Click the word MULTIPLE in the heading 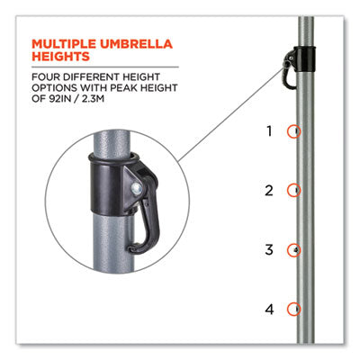click(64, 44)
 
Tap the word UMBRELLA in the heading click(137, 44)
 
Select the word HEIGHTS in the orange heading click(61, 57)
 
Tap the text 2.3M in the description click(93, 99)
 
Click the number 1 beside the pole click(269, 131)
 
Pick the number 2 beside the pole click(269, 191)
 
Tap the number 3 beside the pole click(269, 249)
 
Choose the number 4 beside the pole click(269, 309)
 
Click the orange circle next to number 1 click(288, 131)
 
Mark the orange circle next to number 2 click(288, 191)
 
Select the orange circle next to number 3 click(288, 249)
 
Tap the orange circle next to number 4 click(288, 309)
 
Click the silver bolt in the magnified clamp click(137, 189)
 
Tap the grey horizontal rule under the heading click(105, 67)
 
